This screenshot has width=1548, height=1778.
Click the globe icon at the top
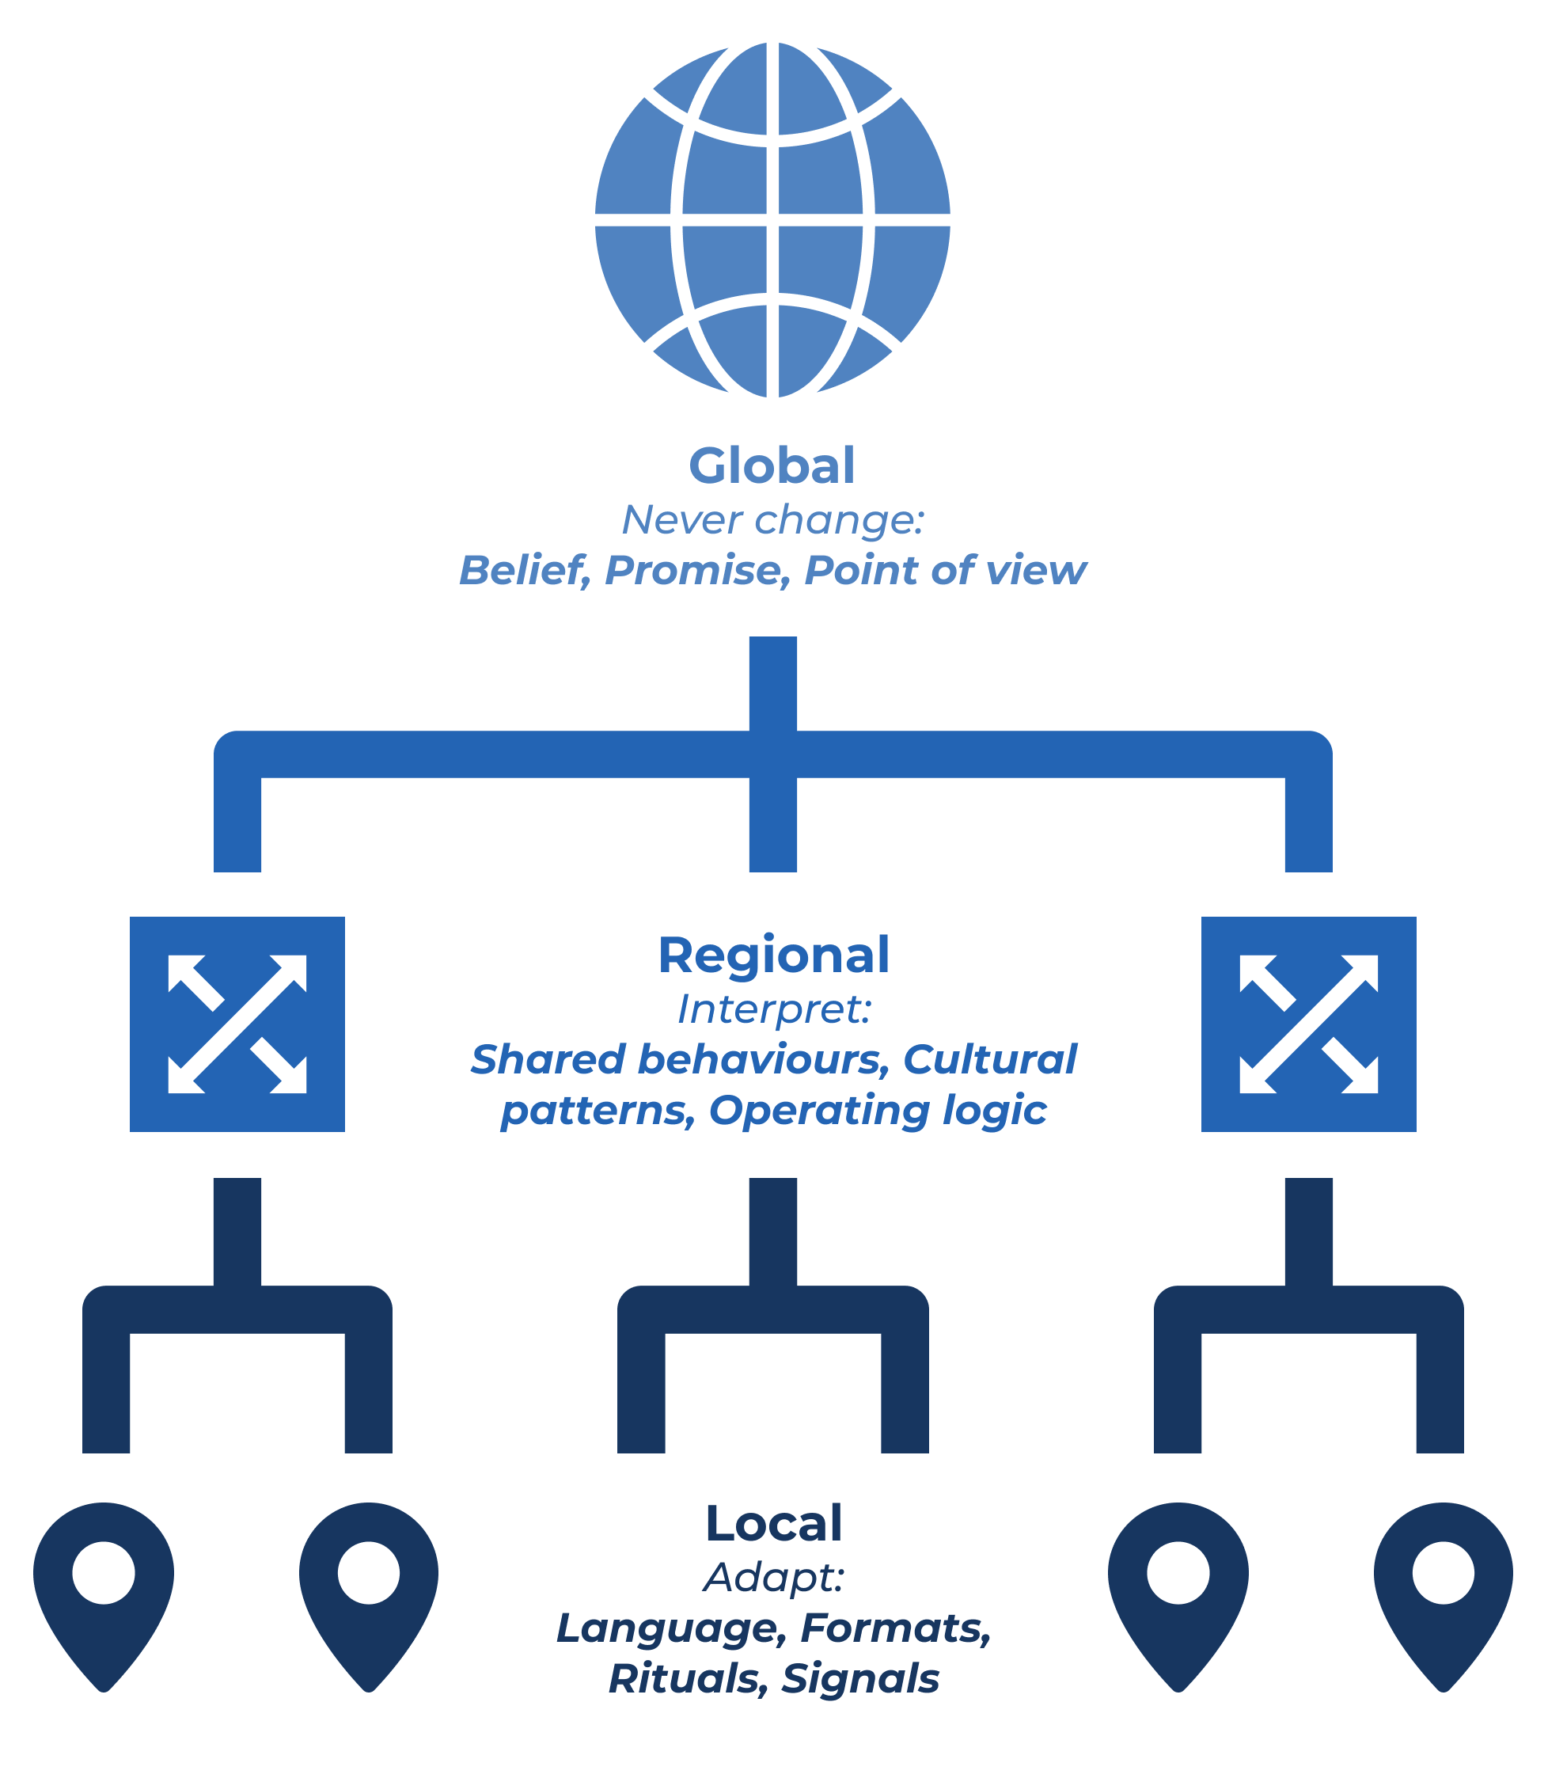coord(772,219)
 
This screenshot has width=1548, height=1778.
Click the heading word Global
coord(772,465)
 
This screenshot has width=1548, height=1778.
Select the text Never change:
coord(772,520)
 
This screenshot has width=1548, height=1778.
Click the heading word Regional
coord(773,955)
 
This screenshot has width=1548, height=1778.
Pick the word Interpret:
coord(773,1009)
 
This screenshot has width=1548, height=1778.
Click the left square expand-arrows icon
coord(237,1024)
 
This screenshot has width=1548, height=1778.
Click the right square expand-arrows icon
coord(1309,1024)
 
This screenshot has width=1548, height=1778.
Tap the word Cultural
coord(990,1059)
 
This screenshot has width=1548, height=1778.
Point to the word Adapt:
coord(773,1578)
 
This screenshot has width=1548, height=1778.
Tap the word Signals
coord(859,1678)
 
